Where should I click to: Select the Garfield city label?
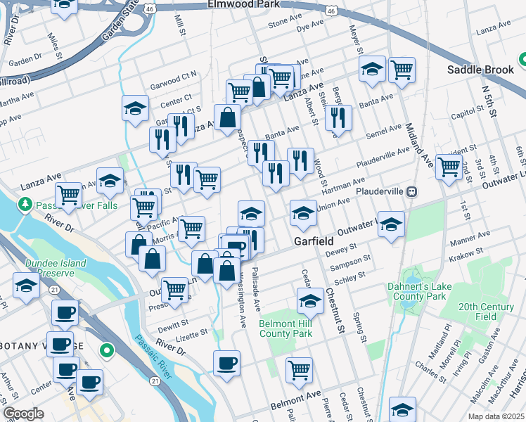pos(313,241)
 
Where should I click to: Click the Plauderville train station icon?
pos(413,191)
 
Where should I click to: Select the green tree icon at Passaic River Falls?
pos(25,204)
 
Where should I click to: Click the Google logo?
pos(23,414)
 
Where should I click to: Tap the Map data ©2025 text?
pos(495,416)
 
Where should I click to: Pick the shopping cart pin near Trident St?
pos(449,167)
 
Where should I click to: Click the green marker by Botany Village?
pos(106,349)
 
